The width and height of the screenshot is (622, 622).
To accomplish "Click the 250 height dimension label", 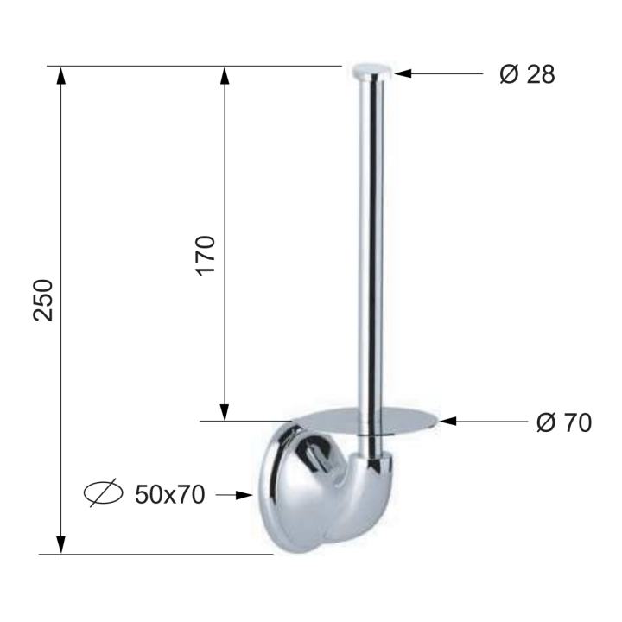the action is point(43,301).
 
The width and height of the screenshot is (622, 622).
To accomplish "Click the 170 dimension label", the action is point(205,256).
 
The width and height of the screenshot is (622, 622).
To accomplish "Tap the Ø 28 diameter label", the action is point(527,73).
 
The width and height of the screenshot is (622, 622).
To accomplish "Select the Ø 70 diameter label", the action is point(563,422).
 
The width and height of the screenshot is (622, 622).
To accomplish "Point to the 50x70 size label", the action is point(170,495).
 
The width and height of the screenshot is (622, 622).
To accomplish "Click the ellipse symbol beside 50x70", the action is point(103,493).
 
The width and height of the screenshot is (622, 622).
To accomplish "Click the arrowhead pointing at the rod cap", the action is point(403,73).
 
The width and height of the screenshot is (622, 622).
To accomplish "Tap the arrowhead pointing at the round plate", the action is point(447,421).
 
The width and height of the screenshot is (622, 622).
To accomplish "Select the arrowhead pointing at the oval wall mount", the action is point(244,495).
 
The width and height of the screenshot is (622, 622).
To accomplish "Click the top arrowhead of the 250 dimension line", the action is point(60,75).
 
